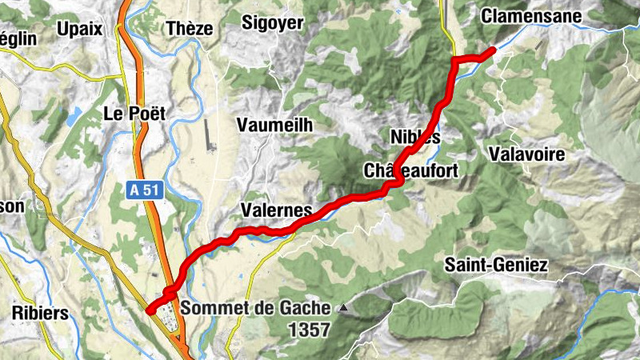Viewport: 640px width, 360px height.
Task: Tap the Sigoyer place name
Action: click(273, 23)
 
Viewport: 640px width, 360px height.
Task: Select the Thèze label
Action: click(190, 29)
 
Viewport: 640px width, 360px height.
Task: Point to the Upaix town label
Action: click(80, 29)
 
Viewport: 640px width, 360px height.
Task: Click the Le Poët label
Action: click(134, 114)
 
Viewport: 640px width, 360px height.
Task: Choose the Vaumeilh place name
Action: click(274, 125)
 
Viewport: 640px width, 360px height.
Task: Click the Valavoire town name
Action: click(529, 154)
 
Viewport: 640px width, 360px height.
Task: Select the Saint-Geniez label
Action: click(496, 265)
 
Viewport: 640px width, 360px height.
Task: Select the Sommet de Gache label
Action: click(255, 307)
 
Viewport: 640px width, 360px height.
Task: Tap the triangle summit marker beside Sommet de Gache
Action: click(343, 306)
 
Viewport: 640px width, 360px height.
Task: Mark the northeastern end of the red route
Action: click(493, 50)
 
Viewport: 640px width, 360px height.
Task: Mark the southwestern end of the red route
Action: click(150, 310)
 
